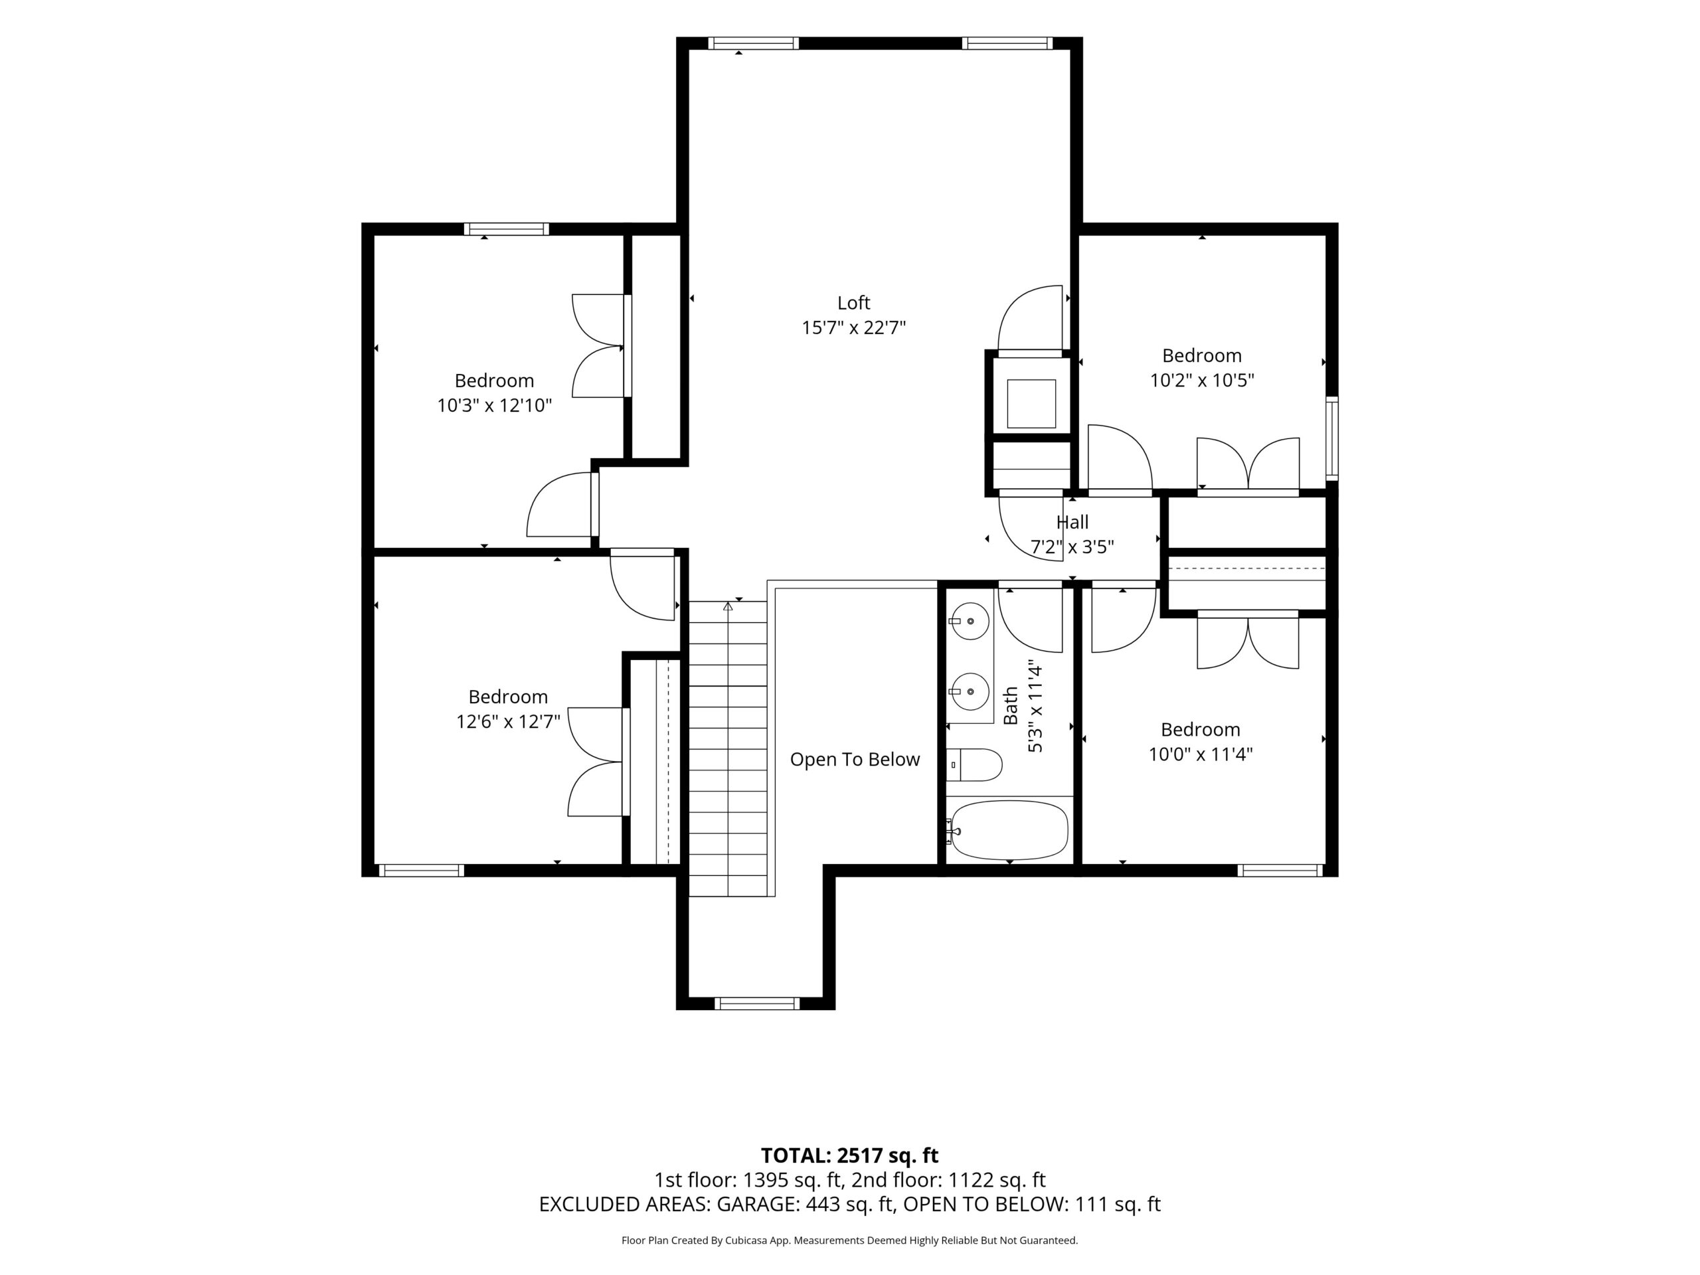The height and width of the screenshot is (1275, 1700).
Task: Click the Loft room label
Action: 853,303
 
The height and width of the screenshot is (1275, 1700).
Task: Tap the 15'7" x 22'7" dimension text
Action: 853,328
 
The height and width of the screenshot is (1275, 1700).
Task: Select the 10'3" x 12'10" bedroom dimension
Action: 494,406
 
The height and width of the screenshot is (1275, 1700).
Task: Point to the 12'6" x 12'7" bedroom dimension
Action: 508,722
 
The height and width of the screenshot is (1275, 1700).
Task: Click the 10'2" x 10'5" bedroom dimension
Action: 1202,381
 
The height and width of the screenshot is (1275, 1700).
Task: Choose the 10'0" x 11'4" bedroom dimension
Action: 1201,754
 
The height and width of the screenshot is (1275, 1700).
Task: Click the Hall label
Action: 1072,523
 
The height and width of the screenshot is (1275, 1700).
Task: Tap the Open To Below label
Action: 855,759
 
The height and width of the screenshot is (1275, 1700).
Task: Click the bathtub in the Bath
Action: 1008,831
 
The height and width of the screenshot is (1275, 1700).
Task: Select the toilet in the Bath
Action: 974,765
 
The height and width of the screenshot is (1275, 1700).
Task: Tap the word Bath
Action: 1011,705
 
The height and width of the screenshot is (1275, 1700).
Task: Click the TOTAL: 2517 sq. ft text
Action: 849,1155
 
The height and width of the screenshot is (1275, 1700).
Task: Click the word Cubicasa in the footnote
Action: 747,1240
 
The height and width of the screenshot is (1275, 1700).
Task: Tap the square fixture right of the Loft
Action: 1031,404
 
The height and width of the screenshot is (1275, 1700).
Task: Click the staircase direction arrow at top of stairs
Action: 728,606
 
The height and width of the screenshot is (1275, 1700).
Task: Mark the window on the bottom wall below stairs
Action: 757,1003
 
